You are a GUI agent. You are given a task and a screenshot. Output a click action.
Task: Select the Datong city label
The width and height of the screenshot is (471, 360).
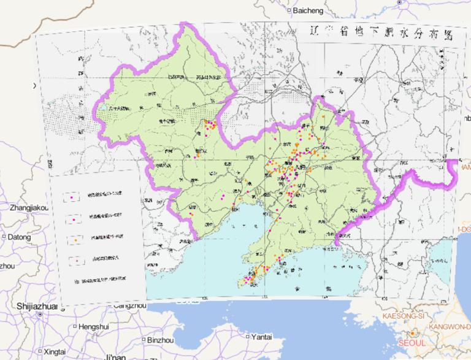coord(19,236)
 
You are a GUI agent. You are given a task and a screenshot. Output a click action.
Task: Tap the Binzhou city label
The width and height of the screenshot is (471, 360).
coord(160,340)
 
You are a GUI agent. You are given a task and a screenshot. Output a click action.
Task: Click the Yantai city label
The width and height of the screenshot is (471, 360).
coord(261,337)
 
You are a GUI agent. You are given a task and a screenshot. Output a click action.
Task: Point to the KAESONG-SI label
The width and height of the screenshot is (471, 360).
coord(404,315)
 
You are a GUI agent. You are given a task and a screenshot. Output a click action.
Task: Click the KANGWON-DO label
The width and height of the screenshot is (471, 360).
coord(450,327)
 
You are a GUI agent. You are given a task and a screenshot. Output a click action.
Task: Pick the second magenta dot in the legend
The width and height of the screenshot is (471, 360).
coord(74,219)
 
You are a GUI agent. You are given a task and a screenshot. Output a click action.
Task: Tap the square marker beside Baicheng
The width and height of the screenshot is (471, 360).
coord(290,11)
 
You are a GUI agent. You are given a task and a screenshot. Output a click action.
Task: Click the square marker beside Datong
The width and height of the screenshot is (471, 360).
coord(4,236)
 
